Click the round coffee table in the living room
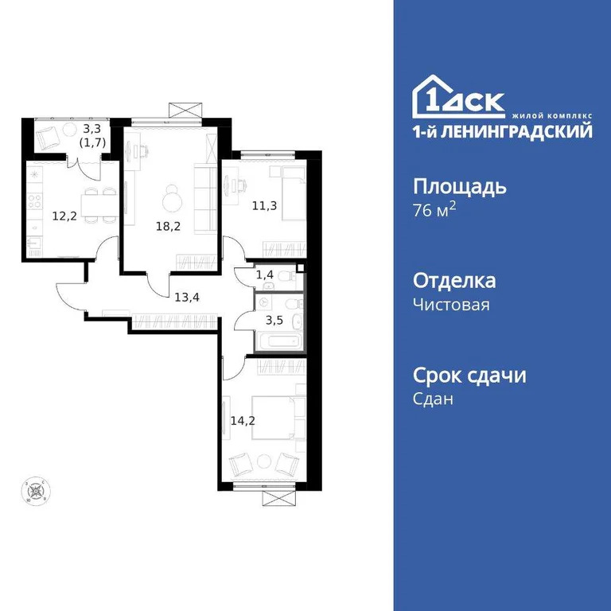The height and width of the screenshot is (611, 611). (173, 195)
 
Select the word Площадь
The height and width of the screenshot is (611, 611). (460, 188)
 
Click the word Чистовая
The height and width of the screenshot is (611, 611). (451, 304)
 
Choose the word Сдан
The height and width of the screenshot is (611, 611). (434, 399)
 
